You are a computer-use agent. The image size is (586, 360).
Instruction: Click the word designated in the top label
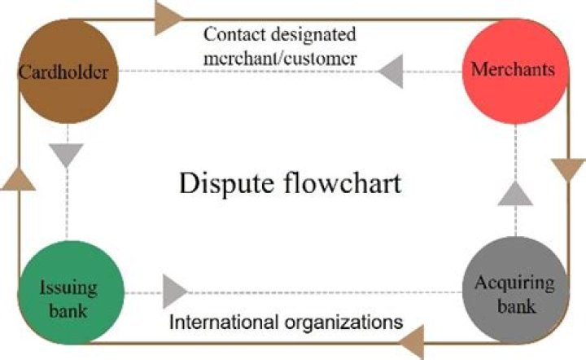pyautogui.click(x=321, y=35)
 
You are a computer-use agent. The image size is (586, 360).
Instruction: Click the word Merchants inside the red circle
pyautogui.click(x=513, y=70)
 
